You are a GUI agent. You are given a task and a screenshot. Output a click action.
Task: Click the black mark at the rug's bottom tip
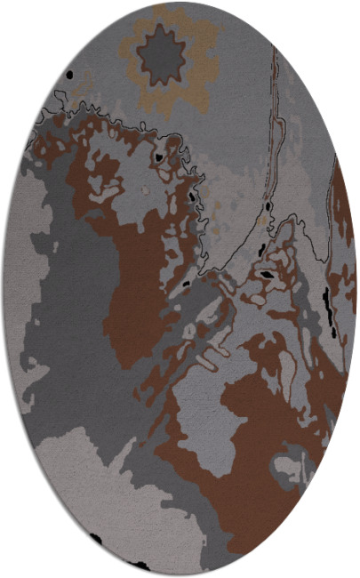[x=140, y=565]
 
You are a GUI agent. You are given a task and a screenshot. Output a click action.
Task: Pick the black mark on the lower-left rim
[x=93, y=539]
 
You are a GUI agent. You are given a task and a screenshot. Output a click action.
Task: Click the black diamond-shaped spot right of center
[x=265, y=276]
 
